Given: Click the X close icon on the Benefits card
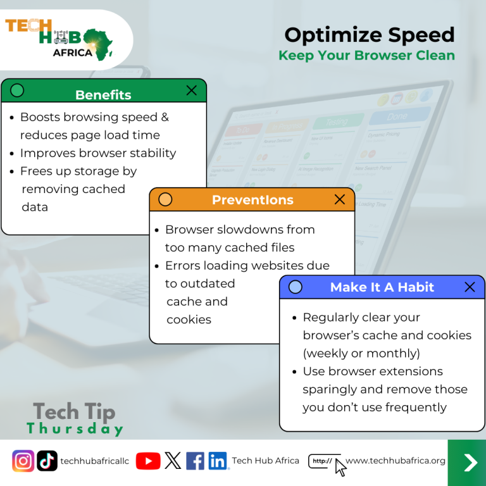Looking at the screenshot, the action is (192, 90).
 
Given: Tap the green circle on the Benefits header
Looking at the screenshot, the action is (17, 90).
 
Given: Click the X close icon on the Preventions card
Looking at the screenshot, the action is (340, 199).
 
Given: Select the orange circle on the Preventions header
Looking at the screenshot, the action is (165, 199).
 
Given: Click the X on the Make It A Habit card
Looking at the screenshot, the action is (470, 287).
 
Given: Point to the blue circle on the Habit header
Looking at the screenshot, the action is (296, 287).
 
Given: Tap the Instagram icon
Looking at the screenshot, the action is (23, 461).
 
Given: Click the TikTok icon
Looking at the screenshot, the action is (47, 461).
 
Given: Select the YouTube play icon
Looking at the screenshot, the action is (148, 461).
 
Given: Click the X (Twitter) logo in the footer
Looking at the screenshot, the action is (173, 461).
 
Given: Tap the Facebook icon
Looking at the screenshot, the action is (196, 461).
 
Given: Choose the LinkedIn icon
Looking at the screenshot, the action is (218, 461).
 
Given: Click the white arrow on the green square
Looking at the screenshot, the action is (470, 463).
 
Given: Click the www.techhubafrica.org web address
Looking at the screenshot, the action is (395, 461).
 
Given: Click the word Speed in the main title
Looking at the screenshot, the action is (421, 35).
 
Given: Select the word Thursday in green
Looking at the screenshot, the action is (75, 428).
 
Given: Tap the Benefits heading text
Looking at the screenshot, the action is (103, 95).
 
